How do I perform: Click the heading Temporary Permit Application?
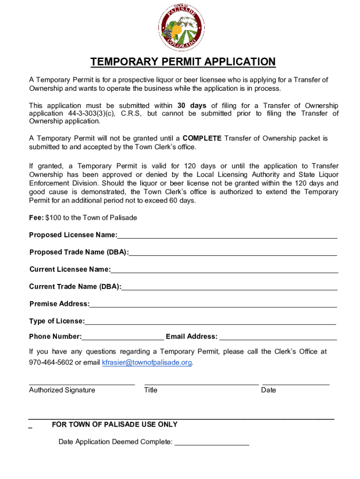tap(183, 62)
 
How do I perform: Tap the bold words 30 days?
tap(192, 106)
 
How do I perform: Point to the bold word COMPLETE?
tap(202, 138)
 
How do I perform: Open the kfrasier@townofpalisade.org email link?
tap(147, 363)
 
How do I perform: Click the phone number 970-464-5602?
tap(51, 363)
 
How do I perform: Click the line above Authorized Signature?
tap(82, 384)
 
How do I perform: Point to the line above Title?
tap(202, 384)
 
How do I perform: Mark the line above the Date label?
tap(296, 384)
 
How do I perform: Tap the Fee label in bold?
tap(37, 218)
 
